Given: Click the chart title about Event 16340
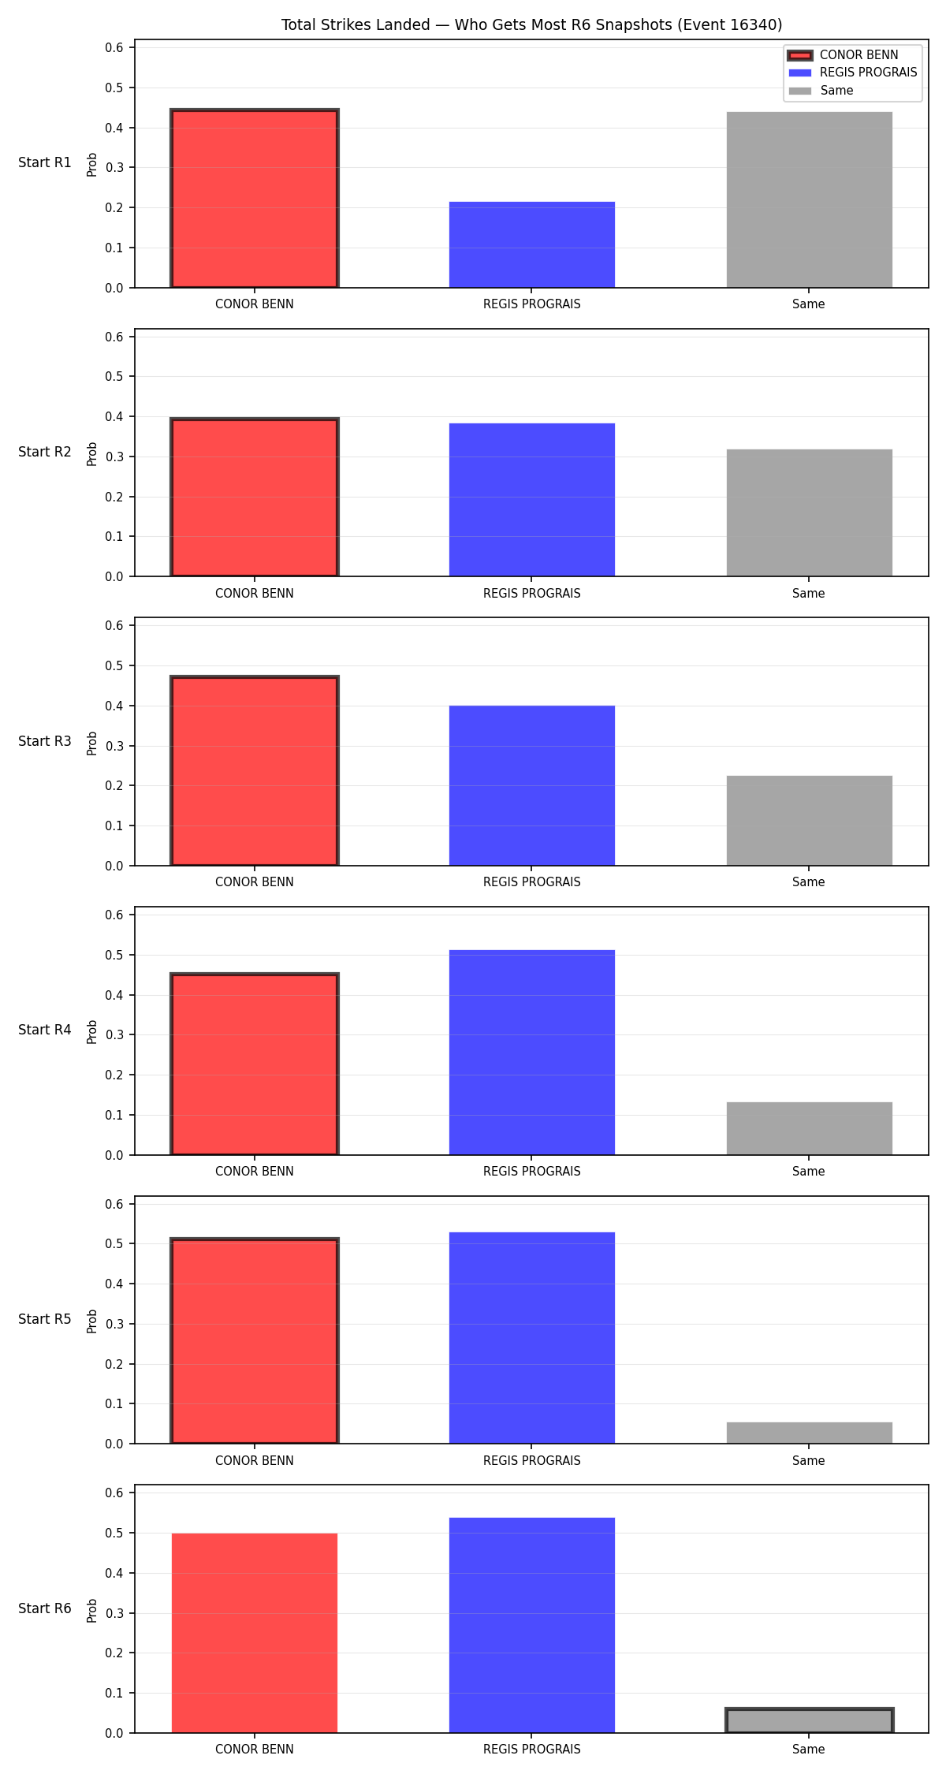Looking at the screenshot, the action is tap(531, 24).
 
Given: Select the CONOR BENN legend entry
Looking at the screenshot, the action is tap(844, 55).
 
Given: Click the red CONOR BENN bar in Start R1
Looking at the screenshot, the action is tap(255, 199).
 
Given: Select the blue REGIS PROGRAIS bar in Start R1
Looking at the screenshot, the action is tap(532, 244).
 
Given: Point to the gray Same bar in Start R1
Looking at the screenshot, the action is tap(810, 199).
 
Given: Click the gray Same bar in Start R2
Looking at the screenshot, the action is tap(810, 512).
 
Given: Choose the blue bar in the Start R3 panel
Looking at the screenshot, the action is tap(532, 785).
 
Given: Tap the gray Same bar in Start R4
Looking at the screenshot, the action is tap(810, 1128).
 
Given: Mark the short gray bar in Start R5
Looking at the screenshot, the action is tap(810, 1433).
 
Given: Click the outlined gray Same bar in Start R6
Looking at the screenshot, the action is tap(810, 1720).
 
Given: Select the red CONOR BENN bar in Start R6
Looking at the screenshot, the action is tap(255, 1633).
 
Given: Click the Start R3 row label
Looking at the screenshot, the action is tap(45, 741).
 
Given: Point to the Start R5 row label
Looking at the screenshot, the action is tap(45, 1319).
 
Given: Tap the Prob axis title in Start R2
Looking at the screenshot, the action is tap(92, 453).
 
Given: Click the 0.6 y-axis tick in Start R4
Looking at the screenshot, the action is tap(115, 915).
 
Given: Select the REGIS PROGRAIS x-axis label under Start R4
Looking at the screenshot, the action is tap(532, 1171).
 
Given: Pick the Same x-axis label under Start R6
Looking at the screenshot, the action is tap(809, 1749).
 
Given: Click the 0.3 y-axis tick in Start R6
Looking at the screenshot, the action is tap(115, 1613).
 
